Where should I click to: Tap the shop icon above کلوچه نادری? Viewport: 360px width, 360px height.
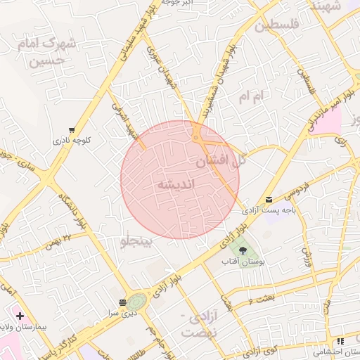pos(72,129)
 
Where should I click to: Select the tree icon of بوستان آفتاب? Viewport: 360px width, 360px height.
pos(243,250)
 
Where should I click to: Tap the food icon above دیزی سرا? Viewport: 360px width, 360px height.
pos(124,302)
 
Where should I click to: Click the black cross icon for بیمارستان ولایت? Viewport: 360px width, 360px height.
pos(20,316)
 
